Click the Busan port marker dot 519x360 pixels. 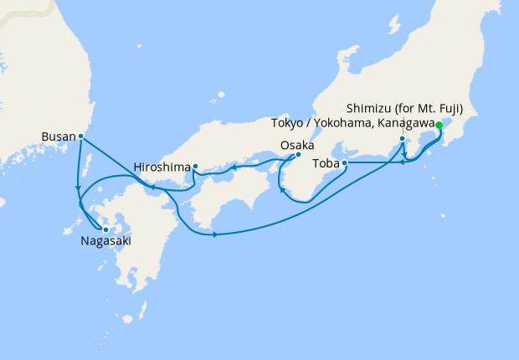pos(80,136)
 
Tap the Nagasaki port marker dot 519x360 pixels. pos(105,229)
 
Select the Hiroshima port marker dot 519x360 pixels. pos(195,166)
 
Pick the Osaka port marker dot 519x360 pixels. pos(298,154)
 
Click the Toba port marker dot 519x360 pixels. pos(345,164)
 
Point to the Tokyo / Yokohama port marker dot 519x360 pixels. pos(403,139)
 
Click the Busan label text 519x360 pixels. pos(58,135)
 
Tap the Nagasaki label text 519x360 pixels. pos(105,241)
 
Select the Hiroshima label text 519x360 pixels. pos(161,167)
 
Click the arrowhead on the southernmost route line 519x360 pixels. pos(216,234)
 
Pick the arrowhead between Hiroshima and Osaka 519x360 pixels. pos(234,167)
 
